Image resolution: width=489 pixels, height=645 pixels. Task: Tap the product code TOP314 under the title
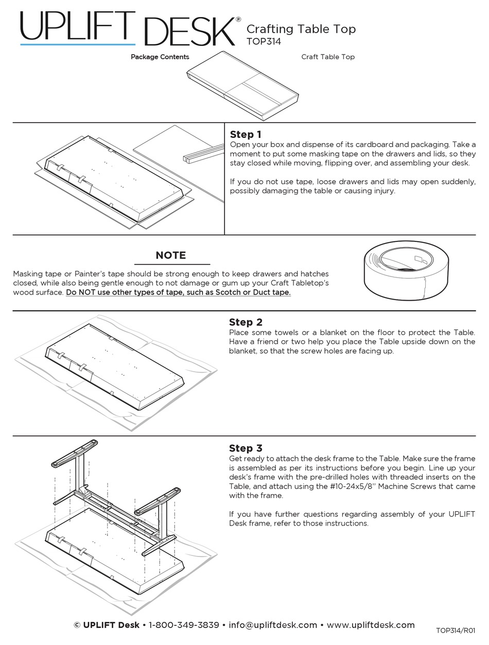pos(264,42)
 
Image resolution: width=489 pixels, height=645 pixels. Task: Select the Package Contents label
pos(160,57)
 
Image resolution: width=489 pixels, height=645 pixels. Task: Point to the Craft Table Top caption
pos(328,57)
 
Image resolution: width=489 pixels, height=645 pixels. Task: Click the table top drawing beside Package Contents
pos(242,84)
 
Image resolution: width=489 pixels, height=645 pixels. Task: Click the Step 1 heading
pos(246,135)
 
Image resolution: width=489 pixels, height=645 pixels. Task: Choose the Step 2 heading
pos(246,322)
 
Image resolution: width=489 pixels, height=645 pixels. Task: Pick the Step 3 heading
pos(246,448)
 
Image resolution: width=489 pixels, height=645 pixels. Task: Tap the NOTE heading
pos(170,255)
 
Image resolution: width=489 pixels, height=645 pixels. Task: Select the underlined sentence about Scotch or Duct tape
pos(178,292)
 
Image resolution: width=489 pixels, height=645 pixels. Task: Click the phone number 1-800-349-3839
pos(184,625)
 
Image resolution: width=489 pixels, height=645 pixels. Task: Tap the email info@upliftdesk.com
pos(273,625)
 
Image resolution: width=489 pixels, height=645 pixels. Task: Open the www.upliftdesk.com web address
pos(371,625)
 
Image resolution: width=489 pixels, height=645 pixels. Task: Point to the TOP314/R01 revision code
pos(456,631)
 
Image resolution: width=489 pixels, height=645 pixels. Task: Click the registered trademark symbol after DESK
pos(238,19)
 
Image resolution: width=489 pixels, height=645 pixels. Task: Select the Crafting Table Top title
pos(301,29)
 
